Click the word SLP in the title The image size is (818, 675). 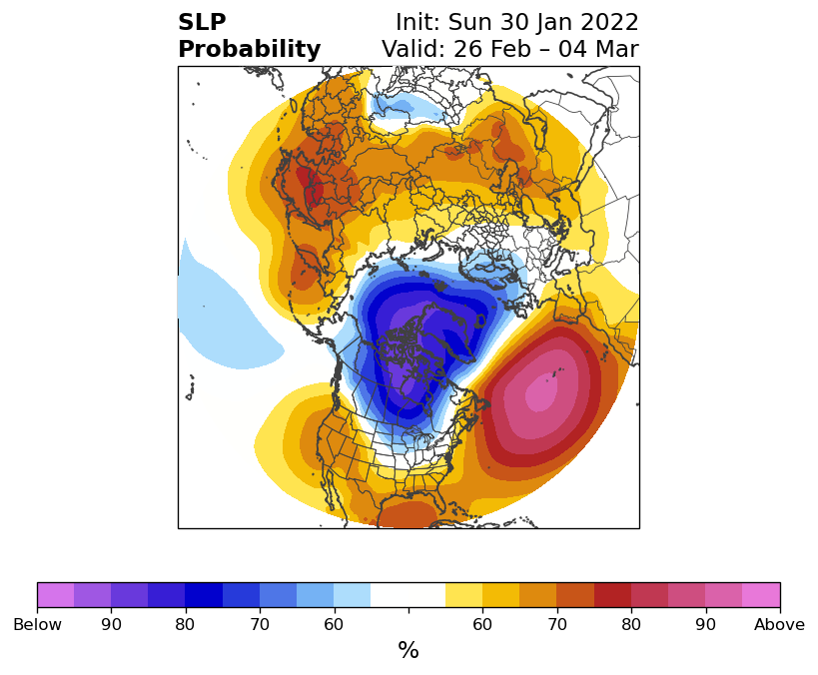[202, 22]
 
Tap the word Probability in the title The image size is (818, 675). [250, 50]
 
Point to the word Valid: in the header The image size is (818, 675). [413, 50]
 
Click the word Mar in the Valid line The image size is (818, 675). [617, 50]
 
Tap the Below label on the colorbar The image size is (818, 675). [38, 624]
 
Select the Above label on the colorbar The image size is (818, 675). [779, 624]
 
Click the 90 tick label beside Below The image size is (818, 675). [111, 624]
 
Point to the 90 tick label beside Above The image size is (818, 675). [705, 624]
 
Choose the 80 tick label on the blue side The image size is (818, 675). [185, 624]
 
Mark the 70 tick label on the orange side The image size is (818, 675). [557, 624]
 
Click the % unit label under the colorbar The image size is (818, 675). [409, 650]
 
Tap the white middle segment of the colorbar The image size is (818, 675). [408, 595]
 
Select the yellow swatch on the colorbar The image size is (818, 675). [463, 595]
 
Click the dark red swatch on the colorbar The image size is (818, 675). [612, 595]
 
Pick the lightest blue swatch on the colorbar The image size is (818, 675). [353, 595]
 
